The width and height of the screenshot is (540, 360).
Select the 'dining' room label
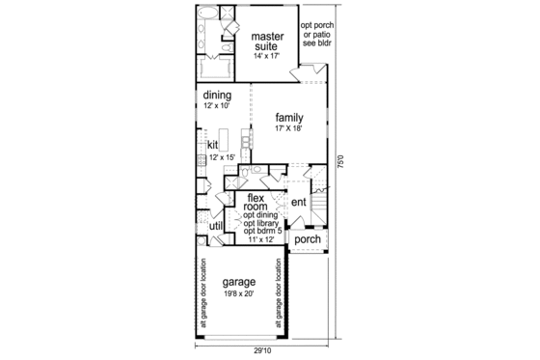[x=218, y=95]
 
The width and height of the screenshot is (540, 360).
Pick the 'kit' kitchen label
[x=213, y=145]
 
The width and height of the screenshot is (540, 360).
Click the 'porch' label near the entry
[x=307, y=239]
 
